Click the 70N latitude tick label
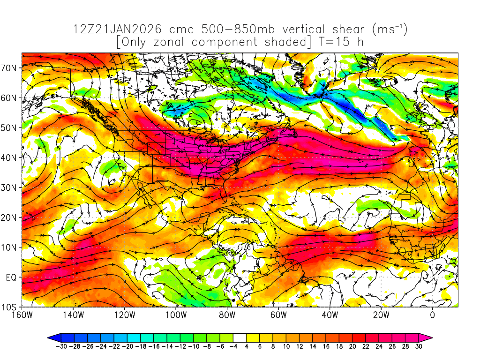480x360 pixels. pos(10,67)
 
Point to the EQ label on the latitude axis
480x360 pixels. pos(12,277)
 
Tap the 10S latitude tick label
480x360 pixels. pos(10,307)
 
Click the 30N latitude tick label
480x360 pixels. pos(10,187)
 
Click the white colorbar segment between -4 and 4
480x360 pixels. pos(240,337)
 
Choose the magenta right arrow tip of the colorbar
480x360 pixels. pos(428,337)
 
